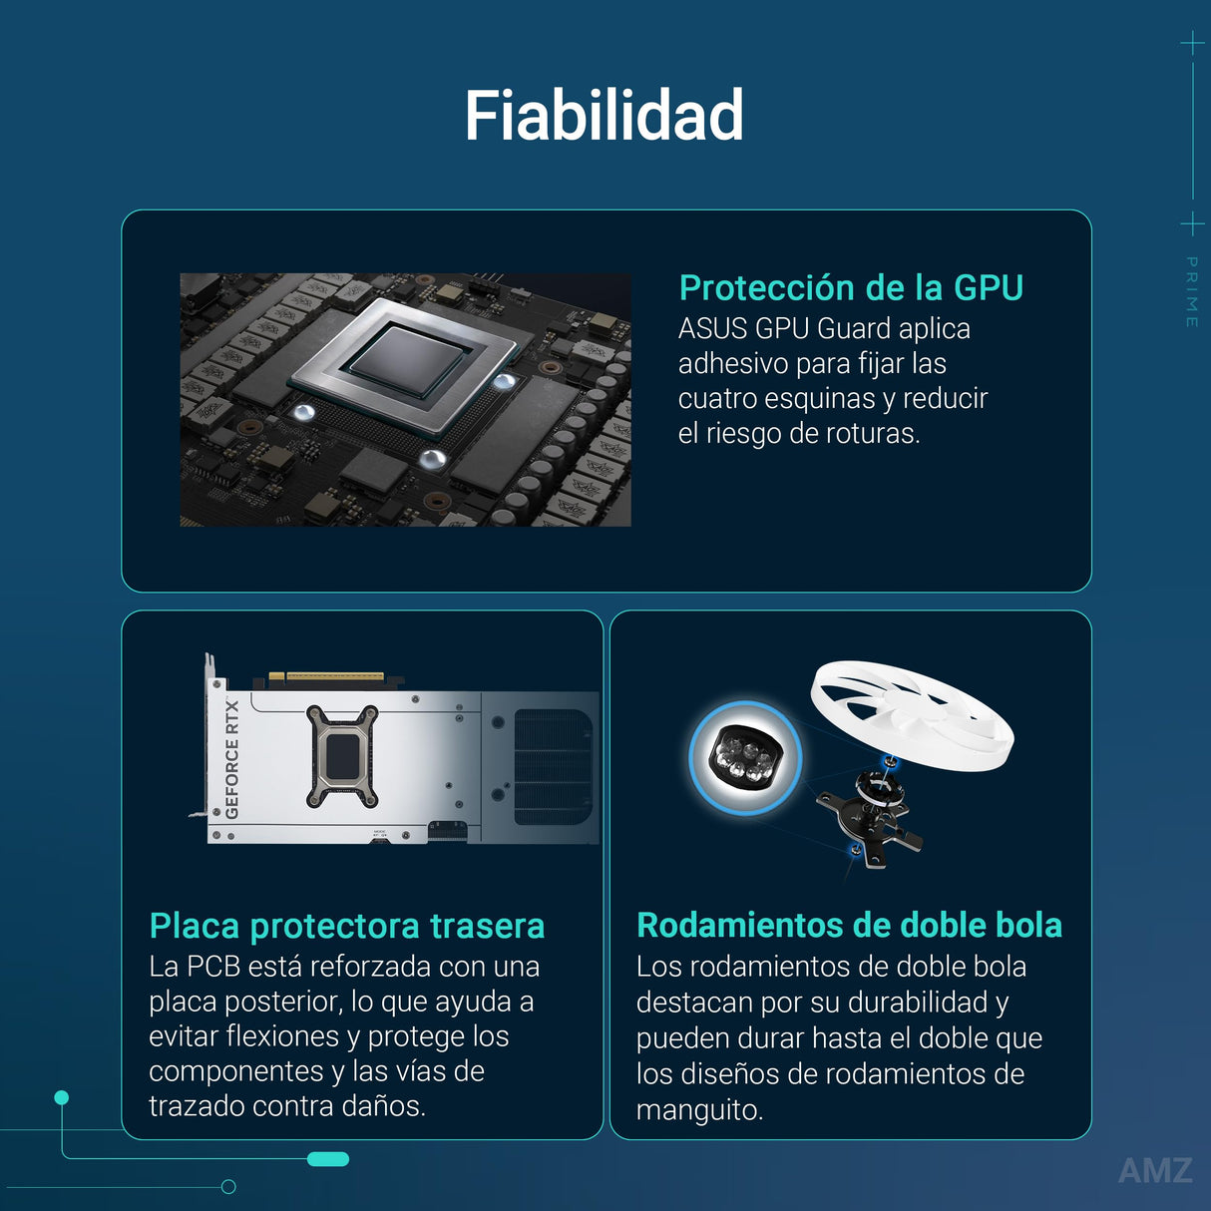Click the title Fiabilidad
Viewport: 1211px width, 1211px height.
tap(604, 116)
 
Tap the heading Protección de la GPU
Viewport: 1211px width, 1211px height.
tap(851, 287)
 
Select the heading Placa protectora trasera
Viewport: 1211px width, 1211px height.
tap(346, 926)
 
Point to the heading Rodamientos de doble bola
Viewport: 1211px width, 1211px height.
tap(849, 925)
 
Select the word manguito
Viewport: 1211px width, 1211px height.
tap(698, 1109)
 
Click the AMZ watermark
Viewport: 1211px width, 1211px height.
tap(1155, 1170)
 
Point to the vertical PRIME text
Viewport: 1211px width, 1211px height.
tap(1191, 291)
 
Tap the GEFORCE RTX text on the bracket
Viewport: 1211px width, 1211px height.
tap(231, 759)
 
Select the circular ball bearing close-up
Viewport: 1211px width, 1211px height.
tap(744, 757)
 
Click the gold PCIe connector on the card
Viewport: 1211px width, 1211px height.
tap(333, 676)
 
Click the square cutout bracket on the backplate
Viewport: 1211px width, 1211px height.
tap(341, 756)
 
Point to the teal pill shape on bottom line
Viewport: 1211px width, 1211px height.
tap(328, 1159)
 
